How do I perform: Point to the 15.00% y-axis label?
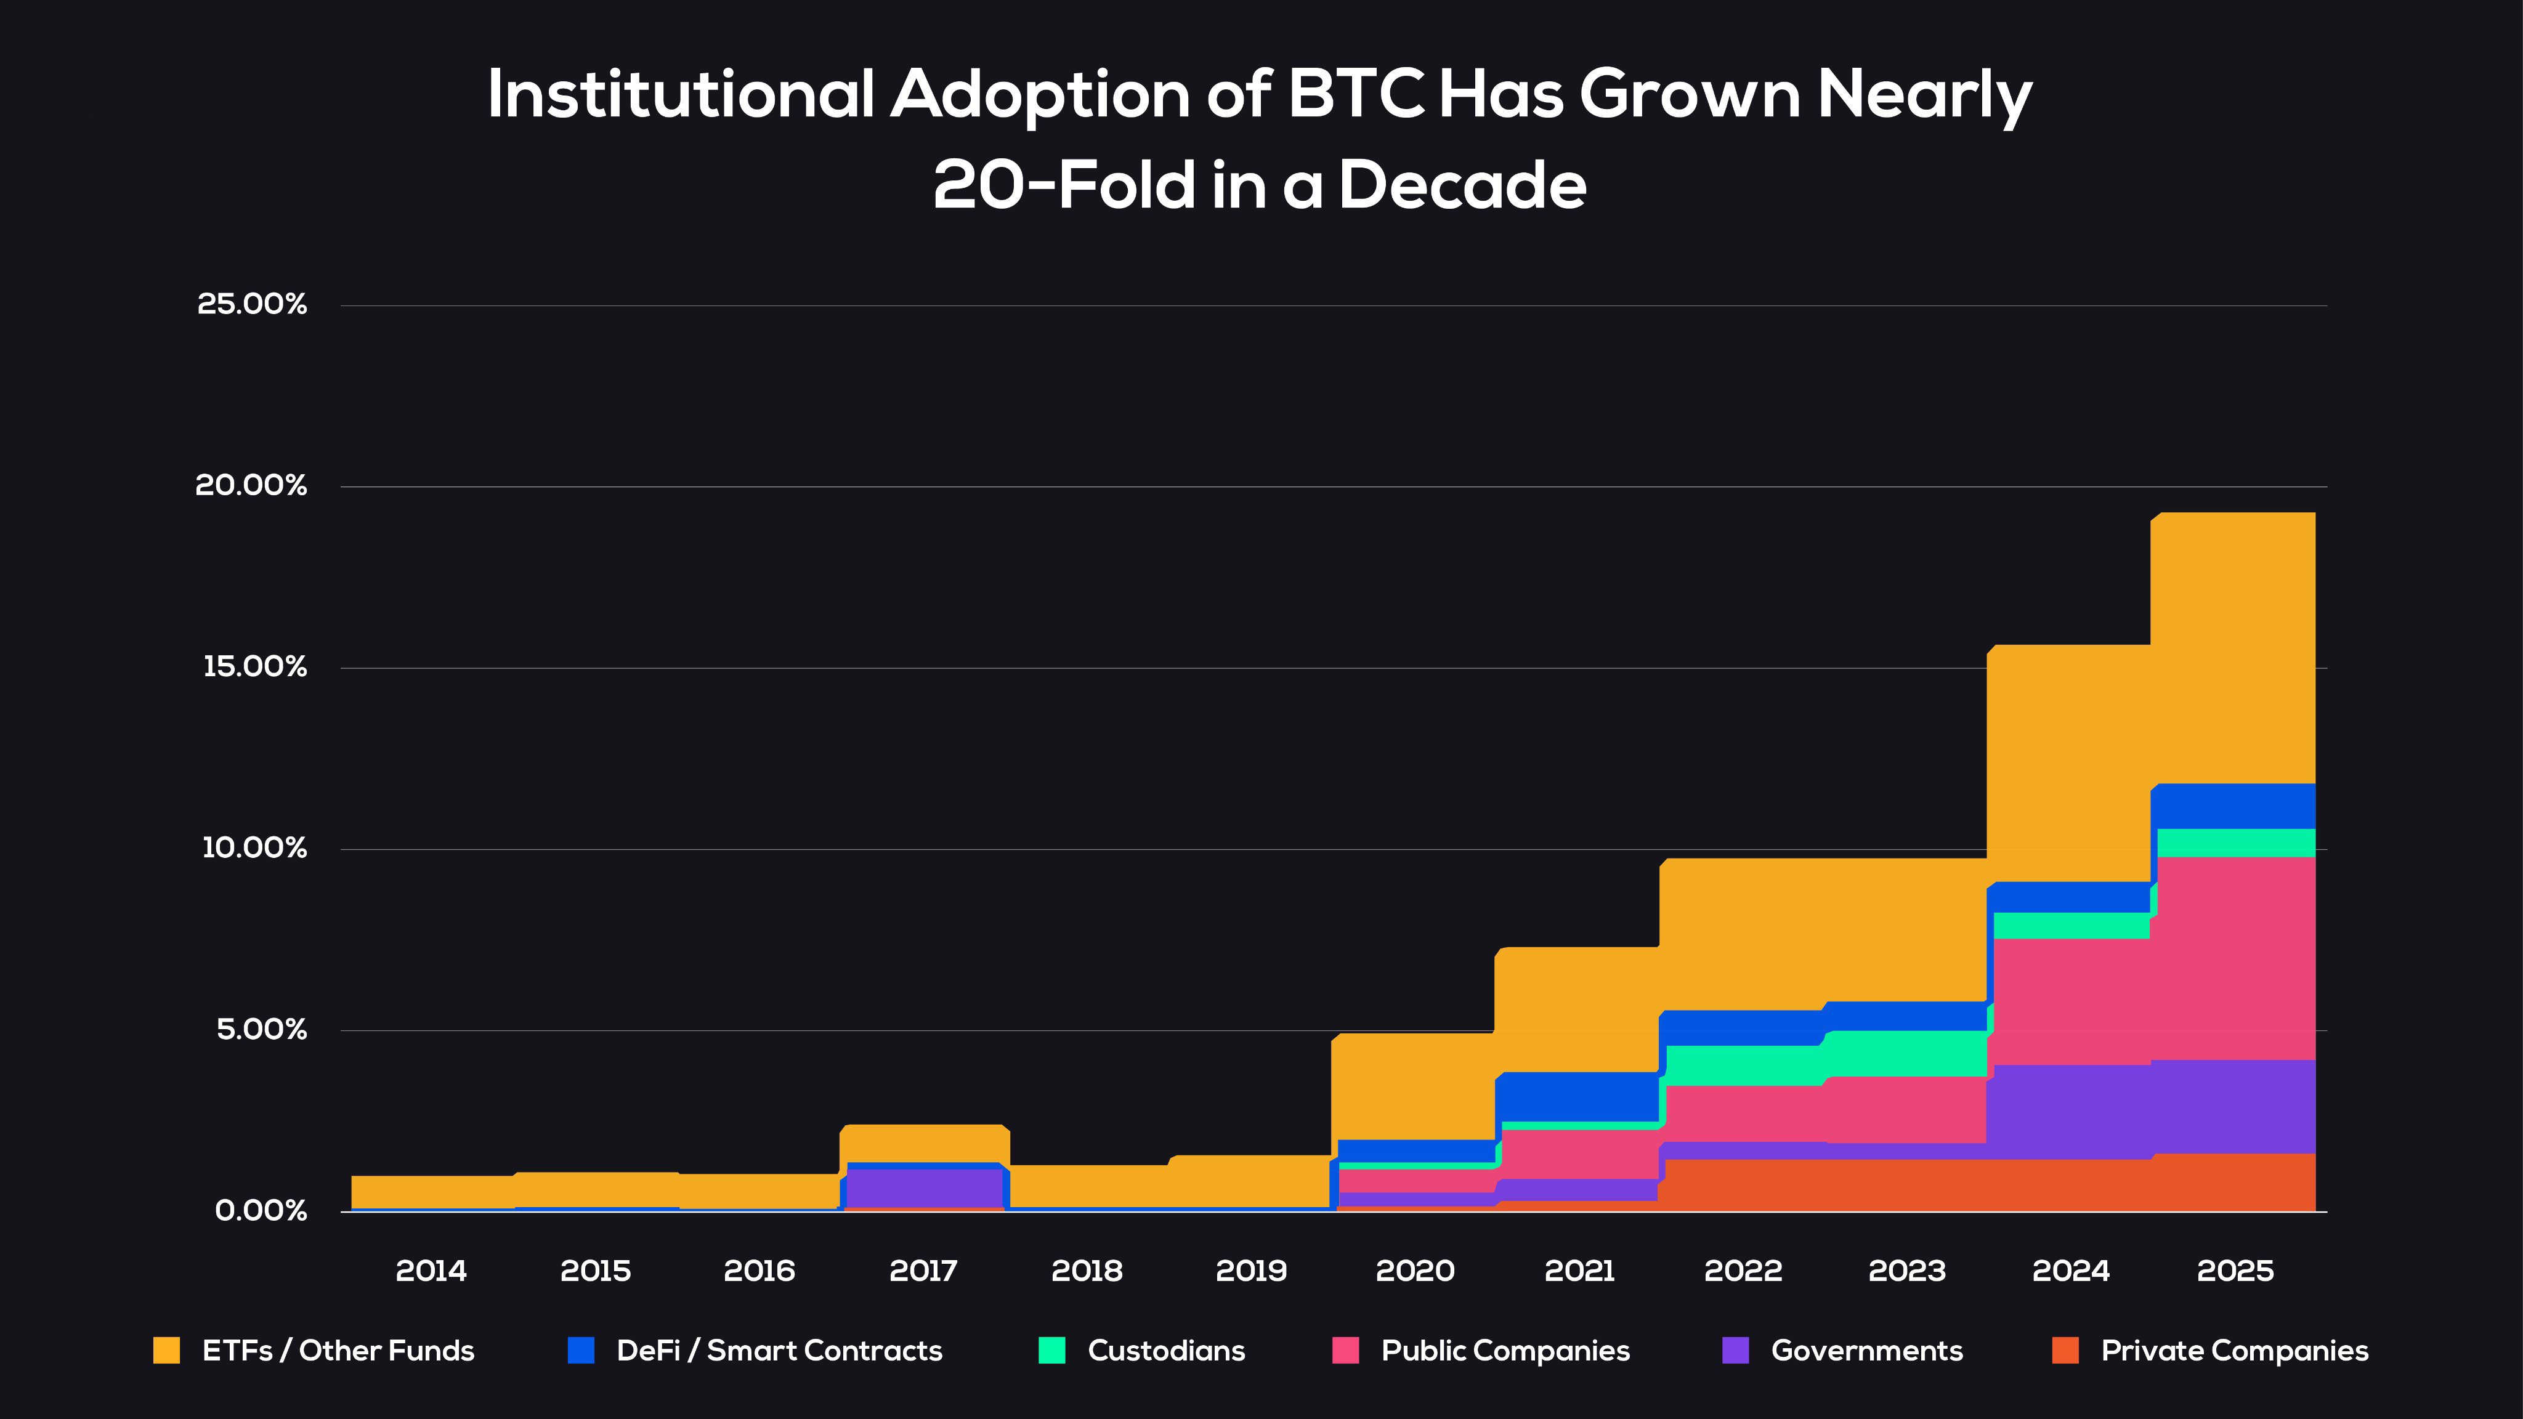click(x=254, y=667)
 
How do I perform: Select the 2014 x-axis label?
click(x=431, y=1271)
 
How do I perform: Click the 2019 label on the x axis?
click(x=1251, y=1271)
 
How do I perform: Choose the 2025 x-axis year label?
click(x=2235, y=1271)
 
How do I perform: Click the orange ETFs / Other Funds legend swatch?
click(x=166, y=1351)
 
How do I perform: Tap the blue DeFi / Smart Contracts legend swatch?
click(x=581, y=1351)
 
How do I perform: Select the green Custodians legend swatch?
click(x=1052, y=1351)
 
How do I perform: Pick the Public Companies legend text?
click(x=1505, y=1351)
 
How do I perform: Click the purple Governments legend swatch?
click(x=1736, y=1351)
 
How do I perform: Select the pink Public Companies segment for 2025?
click(x=2235, y=958)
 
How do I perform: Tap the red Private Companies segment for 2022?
click(x=1743, y=1185)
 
